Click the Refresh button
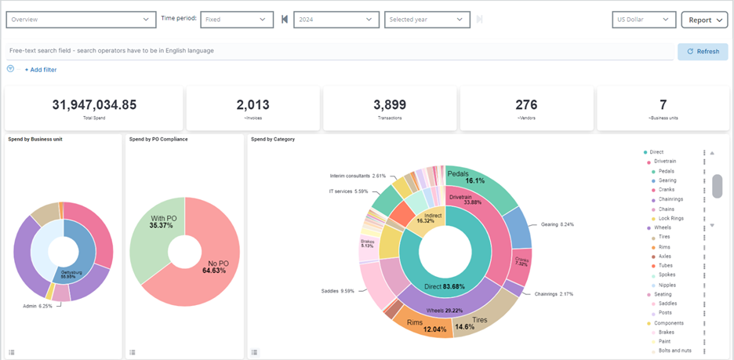coord(703,52)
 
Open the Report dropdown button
coord(704,20)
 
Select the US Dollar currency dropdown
coord(643,20)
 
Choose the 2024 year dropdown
coord(336,20)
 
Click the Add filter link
coord(40,70)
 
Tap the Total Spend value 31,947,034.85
coord(94,105)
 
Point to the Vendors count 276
coord(526,105)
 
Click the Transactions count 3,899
coord(389,105)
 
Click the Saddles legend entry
coord(669,304)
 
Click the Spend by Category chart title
coord(273,139)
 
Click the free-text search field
coord(337,51)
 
